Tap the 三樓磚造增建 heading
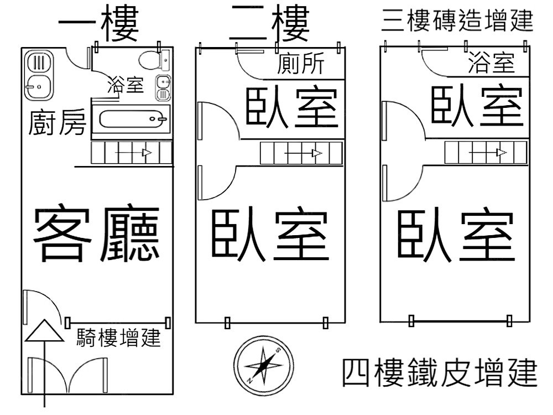[x=457, y=22]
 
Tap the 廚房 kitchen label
[x=57, y=123]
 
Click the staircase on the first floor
[x=131, y=153]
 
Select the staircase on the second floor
[x=301, y=153]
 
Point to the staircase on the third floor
[x=486, y=152]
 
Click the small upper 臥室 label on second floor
[x=291, y=107]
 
